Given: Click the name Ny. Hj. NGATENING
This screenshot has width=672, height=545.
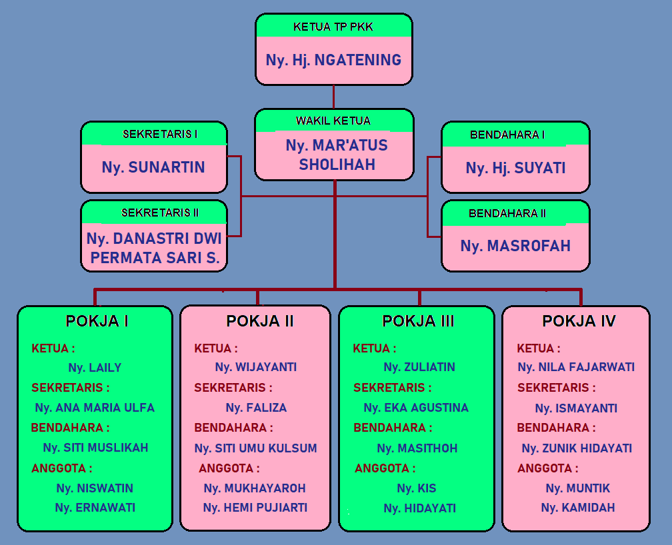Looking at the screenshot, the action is (x=333, y=60).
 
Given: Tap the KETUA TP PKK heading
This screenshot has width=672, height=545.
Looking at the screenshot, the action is (x=333, y=27).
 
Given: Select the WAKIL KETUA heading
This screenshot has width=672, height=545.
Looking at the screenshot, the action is (x=333, y=121).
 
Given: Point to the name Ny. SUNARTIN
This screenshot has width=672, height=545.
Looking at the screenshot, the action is (x=153, y=167).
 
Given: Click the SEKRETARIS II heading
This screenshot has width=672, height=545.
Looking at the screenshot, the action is (x=160, y=213).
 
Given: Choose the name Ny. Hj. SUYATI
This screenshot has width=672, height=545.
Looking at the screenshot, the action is (x=515, y=168).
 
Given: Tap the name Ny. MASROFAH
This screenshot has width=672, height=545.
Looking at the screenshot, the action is (x=515, y=246).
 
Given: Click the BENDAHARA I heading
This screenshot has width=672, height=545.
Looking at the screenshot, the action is (x=507, y=135).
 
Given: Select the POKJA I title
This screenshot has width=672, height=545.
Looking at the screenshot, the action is (x=97, y=321).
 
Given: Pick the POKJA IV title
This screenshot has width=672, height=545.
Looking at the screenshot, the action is (x=579, y=321).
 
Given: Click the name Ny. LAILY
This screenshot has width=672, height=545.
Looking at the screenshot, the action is (x=95, y=368).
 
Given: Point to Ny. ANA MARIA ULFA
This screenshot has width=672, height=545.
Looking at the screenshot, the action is (x=95, y=408).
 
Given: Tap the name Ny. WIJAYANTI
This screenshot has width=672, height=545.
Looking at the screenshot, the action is (x=256, y=367).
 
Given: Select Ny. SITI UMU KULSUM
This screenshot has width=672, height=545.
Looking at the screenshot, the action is (x=256, y=448).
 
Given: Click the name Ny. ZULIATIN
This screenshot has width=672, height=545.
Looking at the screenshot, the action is (x=419, y=367).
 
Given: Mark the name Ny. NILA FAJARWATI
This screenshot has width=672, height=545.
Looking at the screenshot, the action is (x=576, y=367).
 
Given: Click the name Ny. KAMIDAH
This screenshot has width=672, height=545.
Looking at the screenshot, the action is (x=578, y=508).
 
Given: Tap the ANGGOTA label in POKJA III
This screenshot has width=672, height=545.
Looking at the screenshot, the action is (x=385, y=468).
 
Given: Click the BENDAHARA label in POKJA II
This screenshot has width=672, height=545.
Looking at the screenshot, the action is (x=233, y=428).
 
